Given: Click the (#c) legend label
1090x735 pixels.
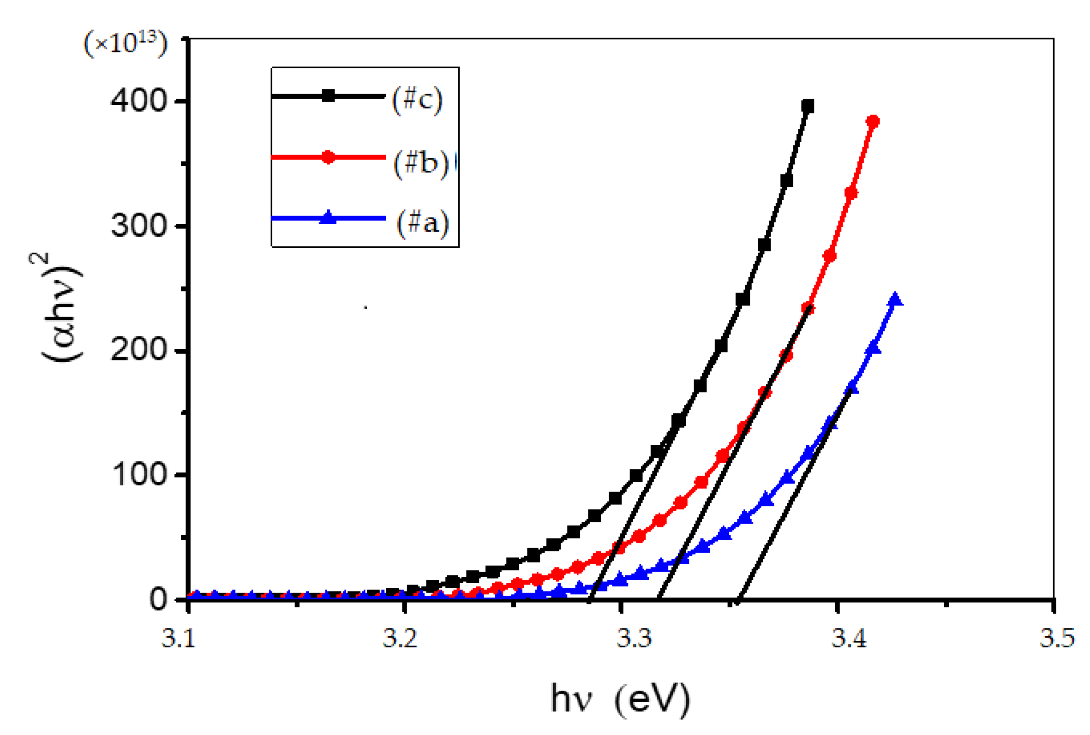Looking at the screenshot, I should point(417,100).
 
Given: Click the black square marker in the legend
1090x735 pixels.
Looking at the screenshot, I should point(329,96).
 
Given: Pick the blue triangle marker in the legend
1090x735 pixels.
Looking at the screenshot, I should point(328,218).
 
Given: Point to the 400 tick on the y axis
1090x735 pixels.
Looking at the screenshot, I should point(139,100).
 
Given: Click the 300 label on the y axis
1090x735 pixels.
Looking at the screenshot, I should point(139,226).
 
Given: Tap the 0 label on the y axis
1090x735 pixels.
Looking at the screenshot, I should point(158,599).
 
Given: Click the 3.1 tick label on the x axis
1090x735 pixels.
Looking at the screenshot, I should point(178,639).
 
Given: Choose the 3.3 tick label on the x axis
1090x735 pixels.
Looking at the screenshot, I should point(634,639).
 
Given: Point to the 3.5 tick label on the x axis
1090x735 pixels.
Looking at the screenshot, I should point(1057,639).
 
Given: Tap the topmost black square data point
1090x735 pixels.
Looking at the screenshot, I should point(807,107).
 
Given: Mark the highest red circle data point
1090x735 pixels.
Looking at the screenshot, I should point(873,121).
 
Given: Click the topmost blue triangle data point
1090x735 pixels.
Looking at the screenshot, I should point(895,299).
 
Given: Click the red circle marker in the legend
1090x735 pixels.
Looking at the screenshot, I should point(328,157).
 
